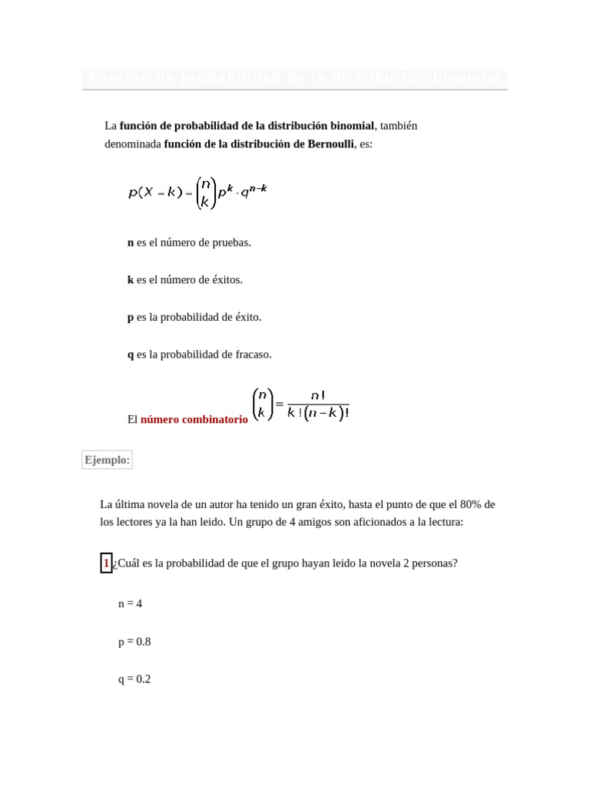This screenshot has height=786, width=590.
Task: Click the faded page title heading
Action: pyautogui.click(x=294, y=78)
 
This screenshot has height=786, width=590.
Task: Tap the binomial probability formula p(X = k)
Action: pyautogui.click(x=197, y=192)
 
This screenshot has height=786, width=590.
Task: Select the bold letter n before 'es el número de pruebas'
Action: pyautogui.click(x=131, y=243)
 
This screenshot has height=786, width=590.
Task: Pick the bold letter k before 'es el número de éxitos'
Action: pyautogui.click(x=131, y=280)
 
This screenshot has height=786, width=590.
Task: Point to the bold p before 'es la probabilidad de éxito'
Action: pyautogui.click(x=131, y=318)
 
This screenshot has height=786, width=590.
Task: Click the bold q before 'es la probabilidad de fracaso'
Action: pyautogui.click(x=131, y=355)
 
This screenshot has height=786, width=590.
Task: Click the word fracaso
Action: pyautogui.click(x=251, y=355)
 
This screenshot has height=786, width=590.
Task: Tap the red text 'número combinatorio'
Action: pyautogui.click(x=194, y=420)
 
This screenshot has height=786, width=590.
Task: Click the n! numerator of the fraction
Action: pyautogui.click(x=317, y=395)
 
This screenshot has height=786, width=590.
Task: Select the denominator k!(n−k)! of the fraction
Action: pyautogui.click(x=318, y=414)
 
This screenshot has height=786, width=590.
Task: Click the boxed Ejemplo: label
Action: pyautogui.click(x=107, y=460)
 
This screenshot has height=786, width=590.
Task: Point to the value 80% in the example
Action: pyautogui.click(x=471, y=504)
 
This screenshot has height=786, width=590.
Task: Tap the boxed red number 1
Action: pyautogui.click(x=106, y=563)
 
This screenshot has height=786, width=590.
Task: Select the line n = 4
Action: pyautogui.click(x=130, y=604)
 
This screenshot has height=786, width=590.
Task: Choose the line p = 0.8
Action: pyautogui.click(x=134, y=642)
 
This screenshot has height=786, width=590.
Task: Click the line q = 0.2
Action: pyautogui.click(x=134, y=679)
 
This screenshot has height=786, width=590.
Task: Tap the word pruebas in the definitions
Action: pyautogui.click(x=232, y=243)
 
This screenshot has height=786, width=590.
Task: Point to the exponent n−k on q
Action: pyautogui.click(x=258, y=188)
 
